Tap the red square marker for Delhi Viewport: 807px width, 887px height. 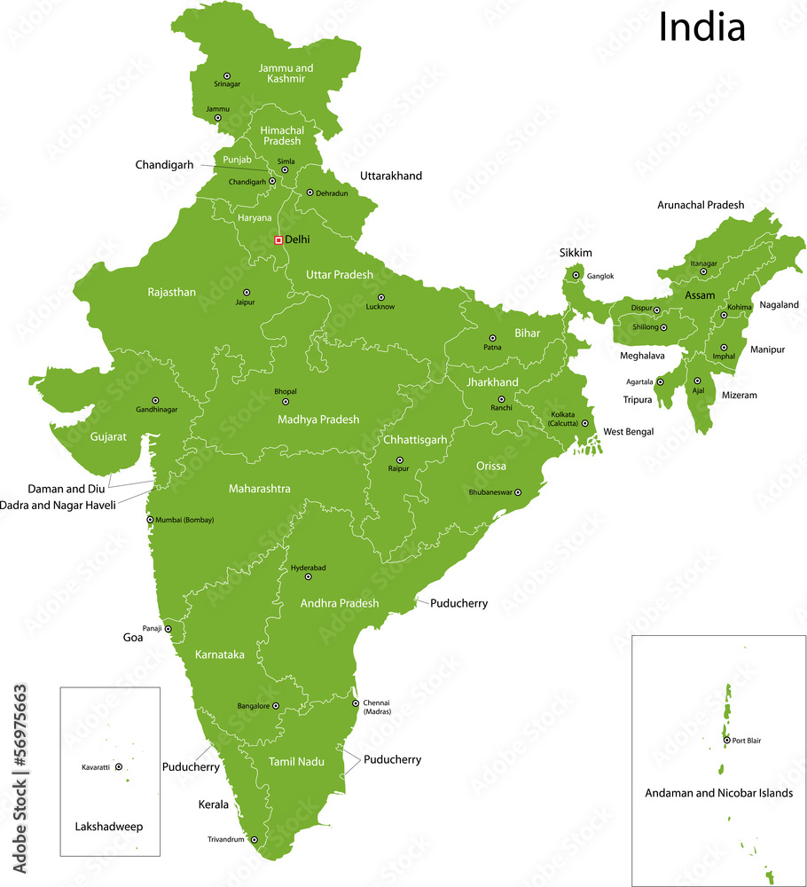pyautogui.click(x=278, y=239)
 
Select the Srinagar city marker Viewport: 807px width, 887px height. pyautogui.click(x=227, y=75)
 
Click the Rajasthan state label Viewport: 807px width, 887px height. pyautogui.click(x=172, y=292)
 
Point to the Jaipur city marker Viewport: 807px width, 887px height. pyautogui.click(x=247, y=292)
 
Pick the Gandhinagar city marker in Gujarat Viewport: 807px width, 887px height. pyautogui.click(x=155, y=400)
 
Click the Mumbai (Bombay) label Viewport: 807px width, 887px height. pyautogui.click(x=185, y=520)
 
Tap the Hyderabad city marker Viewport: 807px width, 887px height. pyautogui.click(x=309, y=577)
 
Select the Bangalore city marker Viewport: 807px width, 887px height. pyautogui.click(x=276, y=706)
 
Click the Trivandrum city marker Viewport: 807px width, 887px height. pyautogui.click(x=255, y=839)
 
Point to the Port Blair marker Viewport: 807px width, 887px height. pyautogui.click(x=726, y=740)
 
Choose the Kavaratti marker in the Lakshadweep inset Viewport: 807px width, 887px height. pyautogui.click(x=118, y=767)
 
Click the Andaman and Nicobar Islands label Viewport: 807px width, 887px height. pyautogui.click(x=718, y=793)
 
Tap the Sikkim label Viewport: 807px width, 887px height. pyautogui.click(x=576, y=253)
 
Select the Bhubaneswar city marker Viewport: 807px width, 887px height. pyautogui.click(x=518, y=492)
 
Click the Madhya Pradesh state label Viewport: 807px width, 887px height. pyautogui.click(x=318, y=420)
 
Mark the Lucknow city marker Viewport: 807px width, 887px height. pyautogui.click(x=381, y=297)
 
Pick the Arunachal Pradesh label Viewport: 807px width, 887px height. pyautogui.click(x=701, y=205)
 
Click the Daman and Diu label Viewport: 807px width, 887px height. pyautogui.click(x=66, y=489)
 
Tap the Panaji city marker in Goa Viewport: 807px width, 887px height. pyautogui.click(x=168, y=629)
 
